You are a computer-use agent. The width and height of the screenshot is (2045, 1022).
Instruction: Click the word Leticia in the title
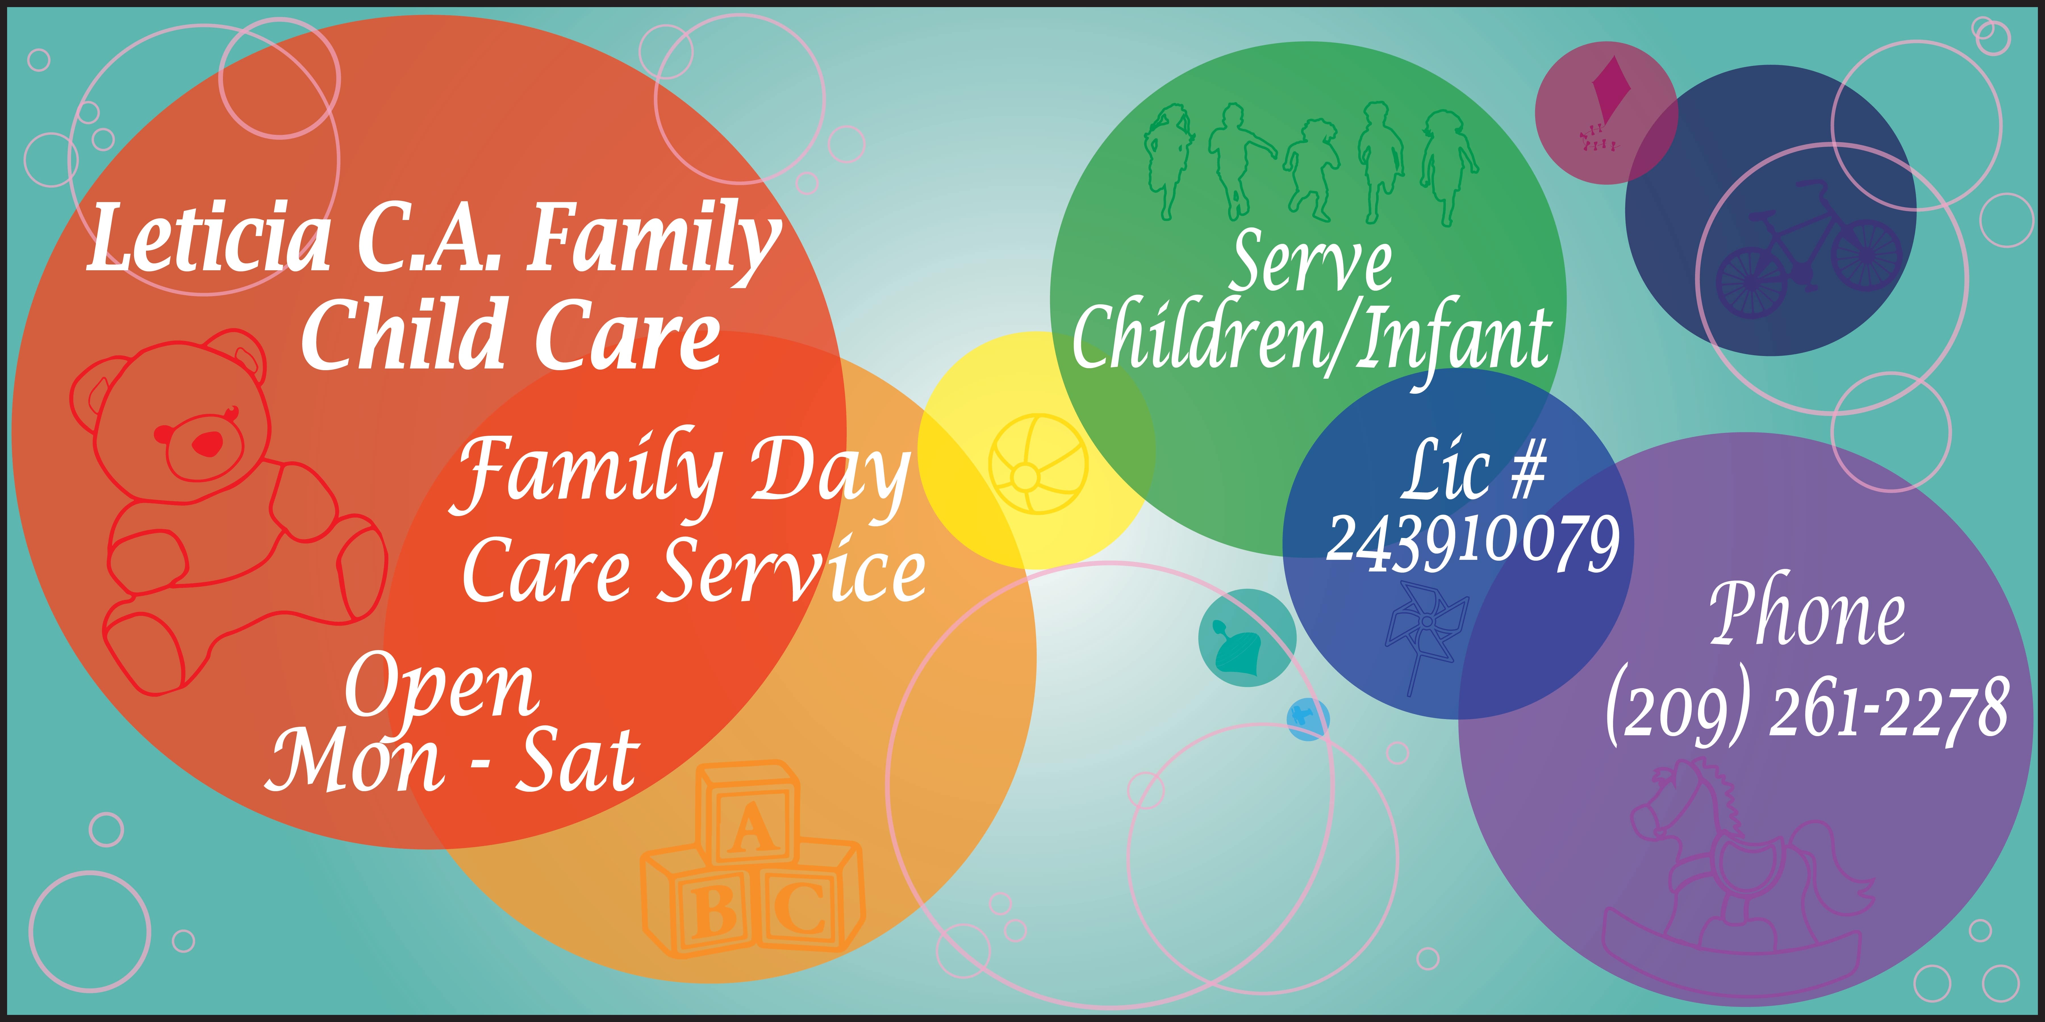point(208,238)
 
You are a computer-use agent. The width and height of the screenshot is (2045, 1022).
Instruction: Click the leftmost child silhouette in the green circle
point(1167,163)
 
